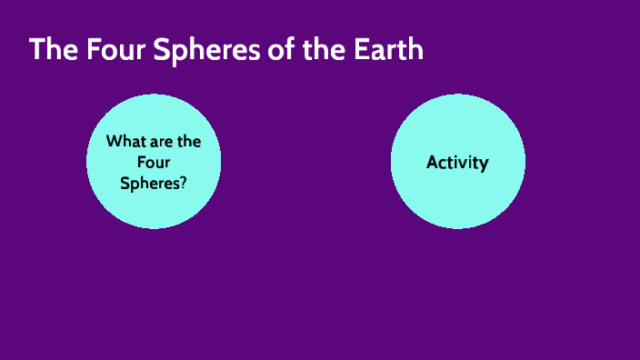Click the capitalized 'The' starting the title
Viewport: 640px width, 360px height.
[x=51, y=49]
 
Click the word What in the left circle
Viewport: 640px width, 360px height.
[x=124, y=142]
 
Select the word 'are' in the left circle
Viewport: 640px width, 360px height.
[x=160, y=142]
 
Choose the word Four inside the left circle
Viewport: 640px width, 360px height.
[x=154, y=162]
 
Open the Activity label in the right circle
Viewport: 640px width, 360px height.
[x=457, y=163]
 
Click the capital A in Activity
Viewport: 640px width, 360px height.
[x=432, y=163]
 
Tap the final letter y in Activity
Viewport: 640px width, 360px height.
[x=485, y=165]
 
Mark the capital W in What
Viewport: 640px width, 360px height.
[x=113, y=142]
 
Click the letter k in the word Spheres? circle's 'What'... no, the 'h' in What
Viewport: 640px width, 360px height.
[x=124, y=142]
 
